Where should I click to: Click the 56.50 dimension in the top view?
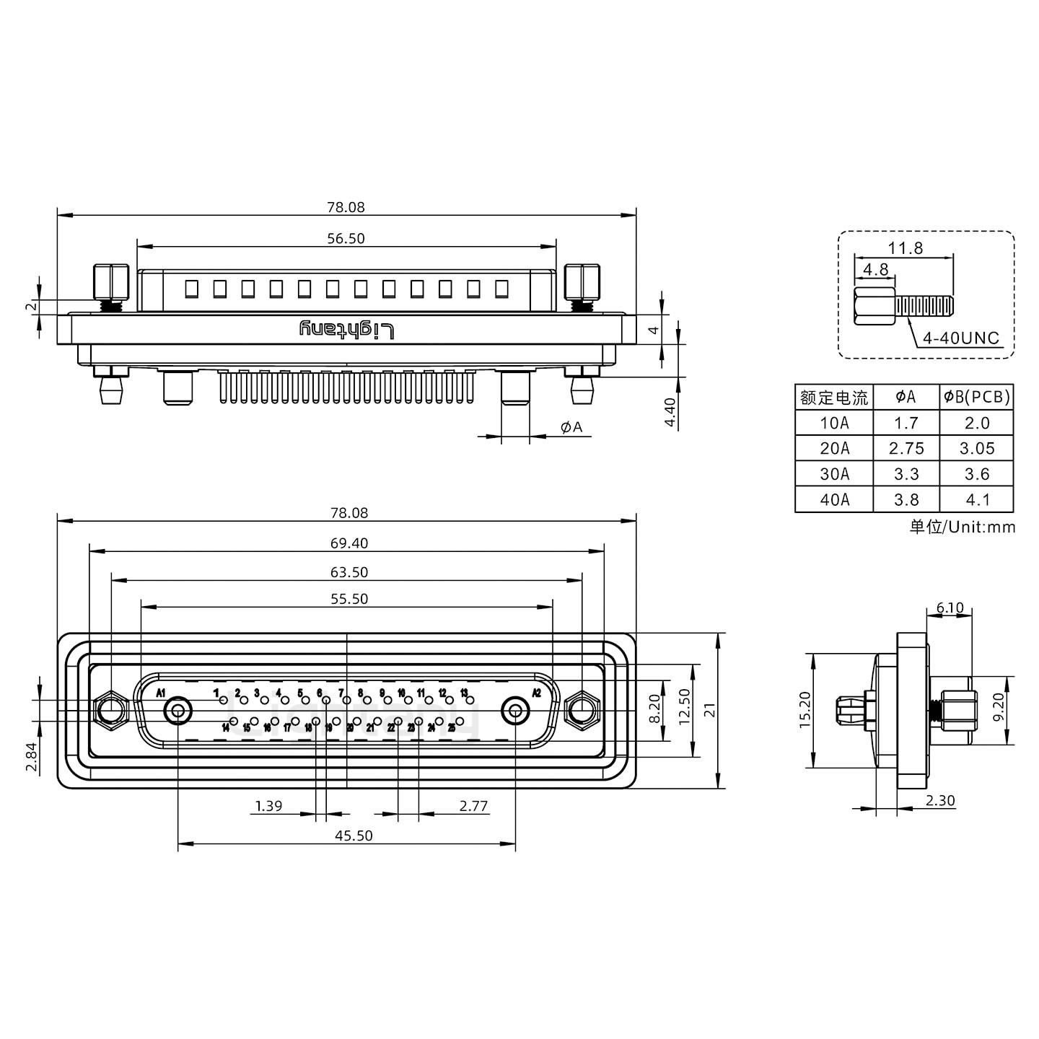(346, 239)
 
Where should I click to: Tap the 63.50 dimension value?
(349, 572)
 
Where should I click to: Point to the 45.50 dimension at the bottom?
(354, 836)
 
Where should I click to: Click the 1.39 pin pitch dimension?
(268, 806)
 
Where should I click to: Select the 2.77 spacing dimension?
(473, 806)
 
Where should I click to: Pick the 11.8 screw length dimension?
(905, 248)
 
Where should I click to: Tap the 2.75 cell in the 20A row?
(906, 449)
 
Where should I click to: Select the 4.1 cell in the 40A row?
(977, 499)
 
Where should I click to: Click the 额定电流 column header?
(834, 398)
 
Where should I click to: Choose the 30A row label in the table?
(834, 474)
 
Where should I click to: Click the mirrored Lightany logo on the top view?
(347, 330)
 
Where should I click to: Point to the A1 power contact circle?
(177, 711)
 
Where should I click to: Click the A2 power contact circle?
(515, 711)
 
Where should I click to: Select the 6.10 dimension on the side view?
(950, 608)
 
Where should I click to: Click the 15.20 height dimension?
(806, 710)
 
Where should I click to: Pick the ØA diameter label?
(571, 427)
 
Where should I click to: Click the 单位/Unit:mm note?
(962, 527)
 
